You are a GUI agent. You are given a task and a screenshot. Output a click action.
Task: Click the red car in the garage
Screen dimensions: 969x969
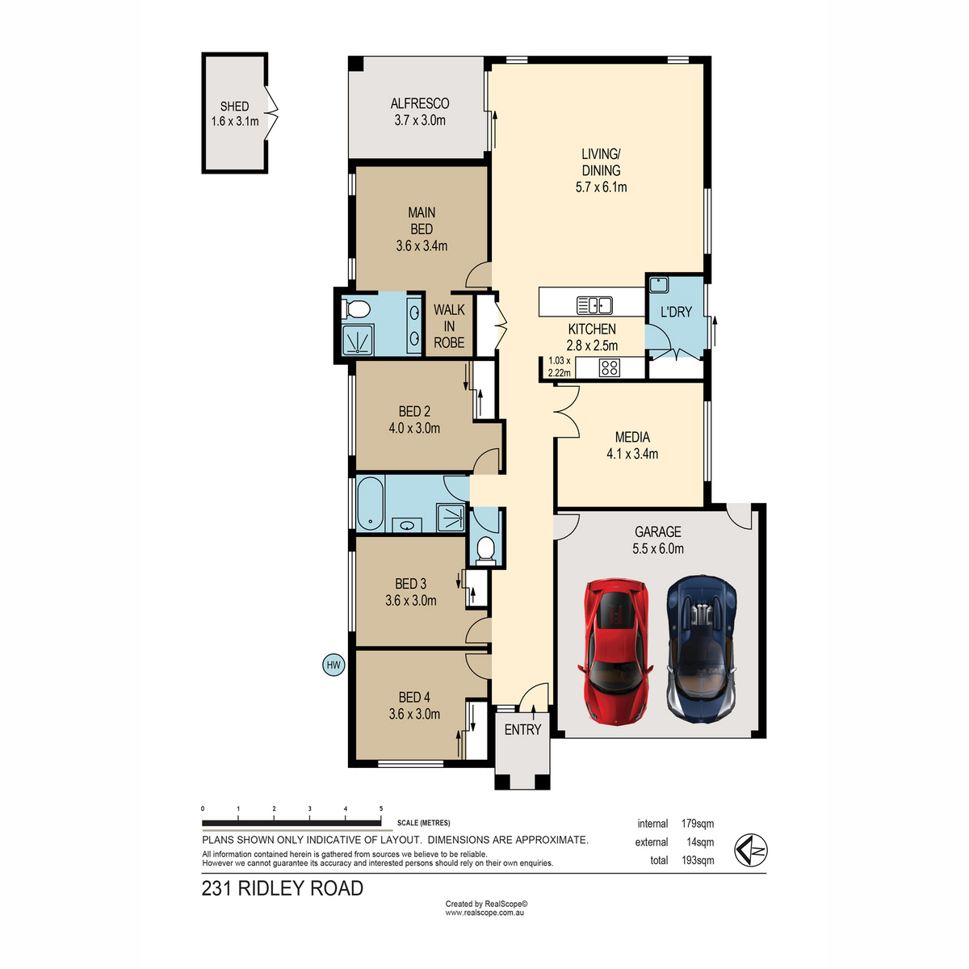tap(615, 651)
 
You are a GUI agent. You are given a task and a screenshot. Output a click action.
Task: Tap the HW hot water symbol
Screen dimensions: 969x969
tap(333, 665)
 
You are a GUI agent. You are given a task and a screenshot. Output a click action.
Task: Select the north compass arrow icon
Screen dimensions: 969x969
tap(750, 850)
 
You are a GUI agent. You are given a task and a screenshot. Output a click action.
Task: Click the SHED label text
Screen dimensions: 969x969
tap(234, 106)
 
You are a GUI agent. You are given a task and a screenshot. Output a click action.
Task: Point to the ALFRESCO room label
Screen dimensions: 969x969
tap(420, 103)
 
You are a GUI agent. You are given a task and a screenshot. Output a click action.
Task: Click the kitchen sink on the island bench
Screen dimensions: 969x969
tap(594, 305)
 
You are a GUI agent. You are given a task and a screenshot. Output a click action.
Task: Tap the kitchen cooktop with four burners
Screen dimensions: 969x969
tap(609, 367)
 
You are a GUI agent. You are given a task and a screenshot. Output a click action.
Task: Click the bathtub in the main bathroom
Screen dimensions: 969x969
tap(370, 503)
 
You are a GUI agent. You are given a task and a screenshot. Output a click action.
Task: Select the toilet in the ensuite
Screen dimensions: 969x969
tap(354, 309)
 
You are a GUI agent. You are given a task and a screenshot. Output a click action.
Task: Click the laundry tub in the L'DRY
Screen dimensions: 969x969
tap(659, 285)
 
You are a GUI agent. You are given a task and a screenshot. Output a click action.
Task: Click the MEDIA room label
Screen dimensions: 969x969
tap(632, 437)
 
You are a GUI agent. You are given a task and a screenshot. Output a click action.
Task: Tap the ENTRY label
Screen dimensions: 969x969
tap(522, 729)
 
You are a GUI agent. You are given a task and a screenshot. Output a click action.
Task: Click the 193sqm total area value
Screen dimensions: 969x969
tap(698, 860)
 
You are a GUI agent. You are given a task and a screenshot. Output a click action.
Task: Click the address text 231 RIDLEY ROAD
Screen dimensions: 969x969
tap(282, 888)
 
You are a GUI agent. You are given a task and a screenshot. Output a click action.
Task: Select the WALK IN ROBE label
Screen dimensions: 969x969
tap(449, 326)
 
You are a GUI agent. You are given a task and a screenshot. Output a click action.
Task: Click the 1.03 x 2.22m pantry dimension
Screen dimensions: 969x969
tap(559, 367)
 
